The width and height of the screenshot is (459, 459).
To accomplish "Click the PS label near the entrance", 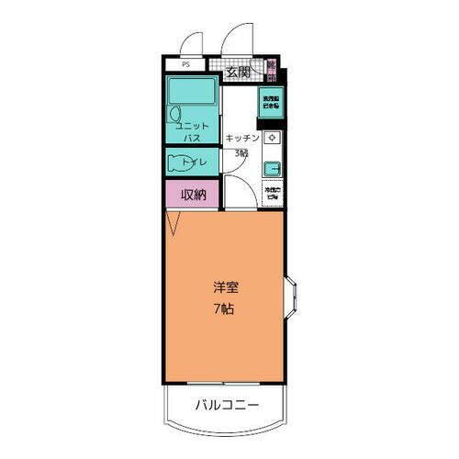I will (185, 64).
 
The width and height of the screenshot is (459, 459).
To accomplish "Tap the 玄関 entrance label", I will (238, 71).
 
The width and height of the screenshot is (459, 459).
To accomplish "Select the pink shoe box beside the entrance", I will (271, 71).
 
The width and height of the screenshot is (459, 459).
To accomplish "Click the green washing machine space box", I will (273, 102).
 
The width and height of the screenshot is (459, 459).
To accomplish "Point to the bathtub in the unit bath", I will (191, 91).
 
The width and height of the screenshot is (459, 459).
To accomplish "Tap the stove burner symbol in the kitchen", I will (272, 138).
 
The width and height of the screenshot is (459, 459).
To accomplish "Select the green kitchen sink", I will (272, 168).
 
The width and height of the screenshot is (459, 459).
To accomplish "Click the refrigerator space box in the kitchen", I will (272, 194).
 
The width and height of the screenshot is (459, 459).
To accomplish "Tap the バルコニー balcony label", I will (226, 405).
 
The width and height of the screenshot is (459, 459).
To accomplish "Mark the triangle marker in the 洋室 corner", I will (172, 221).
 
